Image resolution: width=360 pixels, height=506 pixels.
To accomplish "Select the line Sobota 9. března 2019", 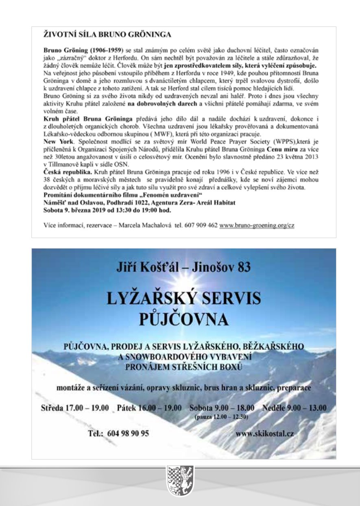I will point(107,210).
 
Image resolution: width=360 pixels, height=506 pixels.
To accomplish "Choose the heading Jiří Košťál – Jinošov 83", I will point(183,267).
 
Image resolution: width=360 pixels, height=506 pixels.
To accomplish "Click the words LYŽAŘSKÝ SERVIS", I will point(183,299).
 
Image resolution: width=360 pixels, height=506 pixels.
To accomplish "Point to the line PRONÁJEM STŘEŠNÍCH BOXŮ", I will point(183,368).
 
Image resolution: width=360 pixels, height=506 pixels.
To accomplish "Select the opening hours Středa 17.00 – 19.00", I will point(75,408).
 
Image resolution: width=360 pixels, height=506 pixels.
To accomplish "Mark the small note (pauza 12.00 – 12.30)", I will point(222,417).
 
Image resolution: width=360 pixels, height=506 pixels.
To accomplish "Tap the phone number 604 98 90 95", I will point(118,434).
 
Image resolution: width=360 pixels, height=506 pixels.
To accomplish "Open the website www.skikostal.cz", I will point(264,434).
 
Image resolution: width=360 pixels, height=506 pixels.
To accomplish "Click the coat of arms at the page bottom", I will point(180,481).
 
